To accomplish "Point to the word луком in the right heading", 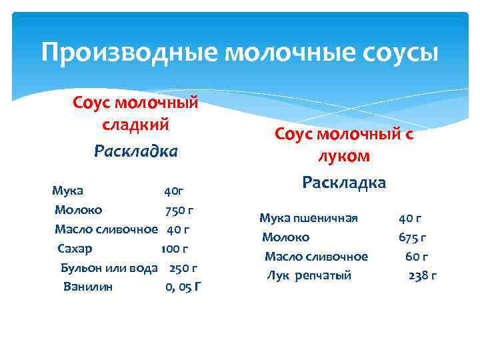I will coord(344,157).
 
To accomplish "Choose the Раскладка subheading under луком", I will coord(344,182).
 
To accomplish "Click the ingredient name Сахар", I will coord(75,249).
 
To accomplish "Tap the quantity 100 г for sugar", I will coord(175,249).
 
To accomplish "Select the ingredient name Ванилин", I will coord(88,287).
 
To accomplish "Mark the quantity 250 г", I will coord(183,268).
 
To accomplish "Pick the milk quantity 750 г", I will coord(179,210).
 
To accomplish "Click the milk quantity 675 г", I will coord(413,237).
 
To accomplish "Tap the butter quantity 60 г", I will coord(417,256).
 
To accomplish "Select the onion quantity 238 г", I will coord(422,275).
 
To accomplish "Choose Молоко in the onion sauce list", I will coord(285,237).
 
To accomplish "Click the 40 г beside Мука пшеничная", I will coord(410,218).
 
